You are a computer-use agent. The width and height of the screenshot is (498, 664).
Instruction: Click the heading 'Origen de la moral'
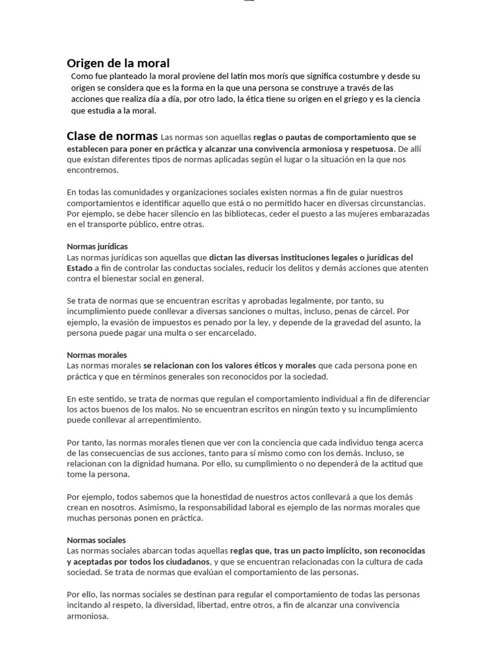click(x=118, y=63)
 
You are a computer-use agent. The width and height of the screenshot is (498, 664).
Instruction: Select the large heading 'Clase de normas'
click(x=112, y=136)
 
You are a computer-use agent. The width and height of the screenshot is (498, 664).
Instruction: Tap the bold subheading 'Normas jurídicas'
click(x=97, y=246)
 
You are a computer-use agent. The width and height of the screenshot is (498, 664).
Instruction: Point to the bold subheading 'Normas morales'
click(x=97, y=355)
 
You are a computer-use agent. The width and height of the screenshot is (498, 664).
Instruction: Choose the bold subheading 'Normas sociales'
click(x=96, y=540)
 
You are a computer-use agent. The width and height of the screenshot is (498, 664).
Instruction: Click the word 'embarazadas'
click(x=405, y=214)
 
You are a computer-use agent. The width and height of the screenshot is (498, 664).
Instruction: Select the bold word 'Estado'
click(x=79, y=268)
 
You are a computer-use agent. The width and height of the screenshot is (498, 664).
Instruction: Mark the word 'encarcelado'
click(x=232, y=333)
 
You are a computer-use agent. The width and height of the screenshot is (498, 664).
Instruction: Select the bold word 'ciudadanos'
click(x=186, y=562)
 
